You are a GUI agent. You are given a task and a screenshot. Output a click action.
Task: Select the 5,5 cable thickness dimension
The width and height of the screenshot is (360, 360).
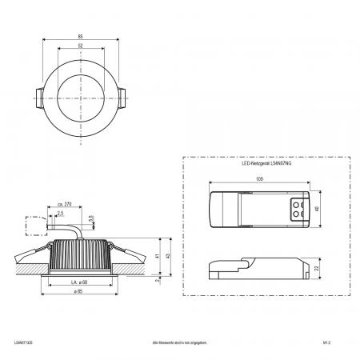(93, 217)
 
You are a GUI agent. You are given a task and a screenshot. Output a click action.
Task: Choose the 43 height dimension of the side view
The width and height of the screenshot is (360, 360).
(169, 256)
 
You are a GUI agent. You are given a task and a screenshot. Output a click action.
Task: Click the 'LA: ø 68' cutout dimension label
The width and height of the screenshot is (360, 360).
(79, 282)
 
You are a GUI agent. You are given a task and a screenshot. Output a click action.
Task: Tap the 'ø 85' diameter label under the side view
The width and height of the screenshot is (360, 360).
(79, 294)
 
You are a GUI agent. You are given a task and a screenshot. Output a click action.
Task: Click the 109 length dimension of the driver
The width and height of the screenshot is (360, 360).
(258, 181)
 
